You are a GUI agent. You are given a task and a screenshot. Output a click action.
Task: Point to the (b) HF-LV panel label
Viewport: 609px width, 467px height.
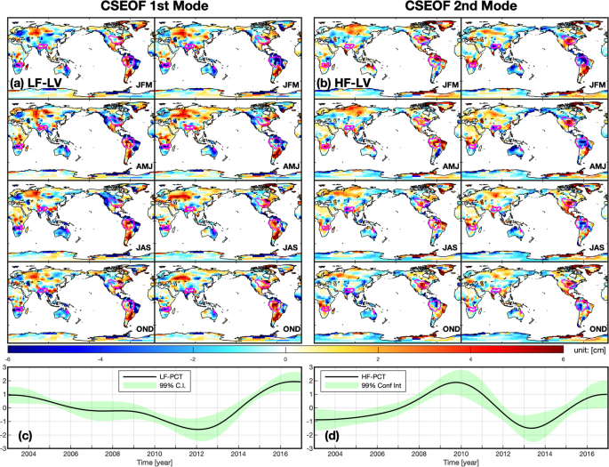pyautogui.click(x=344, y=83)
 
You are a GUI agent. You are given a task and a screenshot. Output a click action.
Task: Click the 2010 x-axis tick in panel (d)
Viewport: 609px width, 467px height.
pyautogui.click(x=459, y=454)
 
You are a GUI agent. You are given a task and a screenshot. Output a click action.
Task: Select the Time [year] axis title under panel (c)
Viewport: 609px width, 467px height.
pyautogui.click(x=152, y=462)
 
